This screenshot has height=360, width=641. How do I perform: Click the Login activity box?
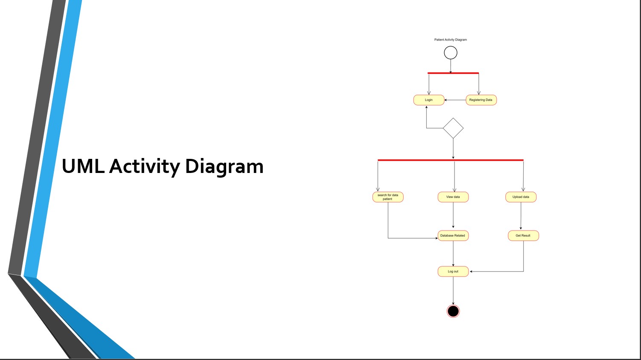coord(429,100)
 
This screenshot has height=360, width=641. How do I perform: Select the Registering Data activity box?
coord(481,100)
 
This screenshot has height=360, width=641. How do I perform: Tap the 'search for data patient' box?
coord(388,197)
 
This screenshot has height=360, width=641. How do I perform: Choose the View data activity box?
coord(453,197)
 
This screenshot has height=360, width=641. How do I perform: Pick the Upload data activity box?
coord(521,197)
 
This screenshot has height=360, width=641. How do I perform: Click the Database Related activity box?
coord(453,236)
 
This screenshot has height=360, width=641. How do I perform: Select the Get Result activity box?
coord(523,236)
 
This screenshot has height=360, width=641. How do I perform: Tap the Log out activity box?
coord(453,272)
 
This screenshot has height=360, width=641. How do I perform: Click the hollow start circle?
coord(451,53)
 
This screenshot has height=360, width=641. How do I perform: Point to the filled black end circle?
coord(453,311)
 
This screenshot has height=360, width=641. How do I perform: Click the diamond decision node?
coord(453,128)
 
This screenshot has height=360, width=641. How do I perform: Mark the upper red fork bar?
coord(453,73)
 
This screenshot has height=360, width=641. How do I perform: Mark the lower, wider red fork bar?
coord(450,160)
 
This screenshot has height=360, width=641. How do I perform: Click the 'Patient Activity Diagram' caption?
coord(451,40)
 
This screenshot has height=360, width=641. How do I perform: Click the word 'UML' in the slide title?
coord(83,166)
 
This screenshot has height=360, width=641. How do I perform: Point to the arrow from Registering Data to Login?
coord(455,100)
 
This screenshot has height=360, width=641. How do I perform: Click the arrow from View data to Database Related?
coord(453,216)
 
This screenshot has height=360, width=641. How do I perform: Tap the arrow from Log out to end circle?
coord(453,290)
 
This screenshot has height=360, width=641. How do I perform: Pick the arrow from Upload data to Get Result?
coord(521,216)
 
